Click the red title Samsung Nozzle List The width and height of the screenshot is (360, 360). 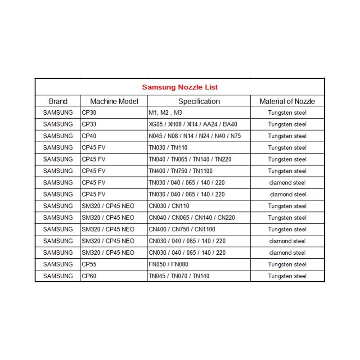(180, 87)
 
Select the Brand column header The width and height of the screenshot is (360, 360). (58, 101)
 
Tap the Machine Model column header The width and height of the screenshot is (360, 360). (114, 101)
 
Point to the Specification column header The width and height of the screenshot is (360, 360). (199, 101)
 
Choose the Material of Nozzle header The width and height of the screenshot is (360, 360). (287, 101)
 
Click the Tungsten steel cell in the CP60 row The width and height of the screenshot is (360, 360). (287, 276)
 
